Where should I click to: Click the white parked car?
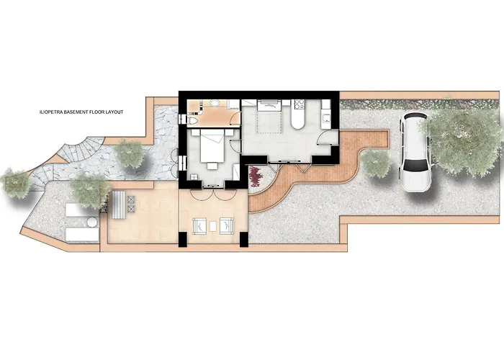click(x=415, y=152)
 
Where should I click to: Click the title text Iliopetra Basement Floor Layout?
click(x=83, y=113)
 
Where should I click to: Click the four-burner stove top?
click(x=300, y=104)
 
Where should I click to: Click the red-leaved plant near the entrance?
click(x=255, y=175)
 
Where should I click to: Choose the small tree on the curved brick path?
click(x=375, y=164)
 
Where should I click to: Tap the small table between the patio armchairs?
click(x=212, y=226)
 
